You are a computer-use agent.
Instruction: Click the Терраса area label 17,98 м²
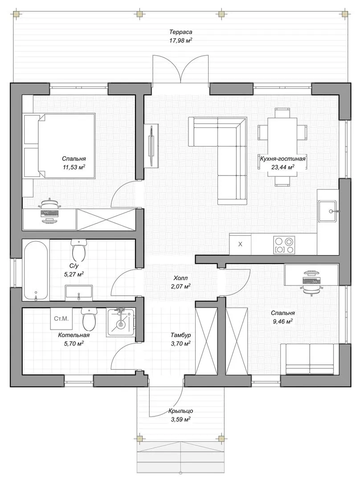(x=181, y=40)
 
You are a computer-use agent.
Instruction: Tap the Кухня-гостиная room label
(x=282, y=159)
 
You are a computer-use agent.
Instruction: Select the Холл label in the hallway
(x=180, y=278)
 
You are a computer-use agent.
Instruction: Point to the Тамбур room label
(x=181, y=335)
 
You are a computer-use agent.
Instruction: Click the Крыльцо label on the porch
(x=180, y=411)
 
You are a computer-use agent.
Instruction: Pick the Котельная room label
(x=74, y=335)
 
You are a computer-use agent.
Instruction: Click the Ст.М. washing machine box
(x=61, y=319)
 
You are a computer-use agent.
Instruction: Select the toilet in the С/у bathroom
(x=78, y=251)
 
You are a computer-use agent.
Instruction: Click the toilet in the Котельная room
(x=89, y=318)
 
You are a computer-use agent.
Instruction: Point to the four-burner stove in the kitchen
(x=284, y=245)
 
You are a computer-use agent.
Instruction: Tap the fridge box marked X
(x=240, y=244)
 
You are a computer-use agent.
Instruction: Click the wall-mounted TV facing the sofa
(x=151, y=145)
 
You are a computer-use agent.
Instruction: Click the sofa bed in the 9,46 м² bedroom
(x=310, y=359)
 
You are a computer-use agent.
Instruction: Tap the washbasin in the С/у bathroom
(x=79, y=292)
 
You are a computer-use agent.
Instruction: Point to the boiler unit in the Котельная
(x=121, y=322)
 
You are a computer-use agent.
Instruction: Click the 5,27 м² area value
(x=74, y=274)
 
